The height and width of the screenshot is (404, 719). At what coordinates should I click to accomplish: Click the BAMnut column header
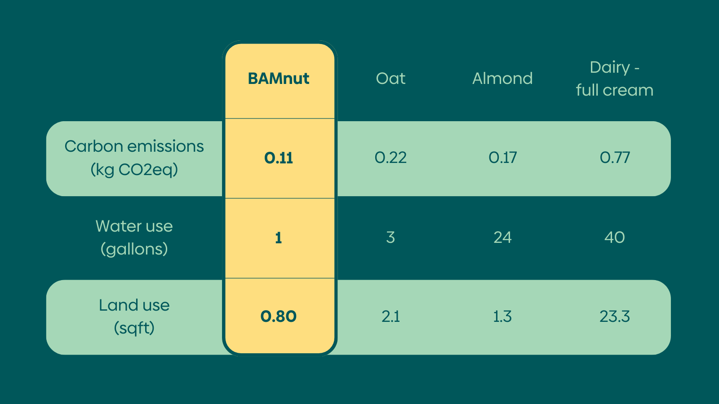(x=278, y=79)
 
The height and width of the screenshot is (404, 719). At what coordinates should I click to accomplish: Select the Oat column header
(x=391, y=79)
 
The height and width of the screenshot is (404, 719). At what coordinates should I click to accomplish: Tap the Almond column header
(x=502, y=79)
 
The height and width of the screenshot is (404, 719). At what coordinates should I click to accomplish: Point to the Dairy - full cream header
(x=614, y=79)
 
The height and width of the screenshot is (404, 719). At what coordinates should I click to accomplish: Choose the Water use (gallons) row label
(x=134, y=237)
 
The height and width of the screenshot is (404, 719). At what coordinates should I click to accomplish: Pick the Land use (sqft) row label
(x=134, y=317)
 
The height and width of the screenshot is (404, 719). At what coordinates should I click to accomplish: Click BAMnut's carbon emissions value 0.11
(x=278, y=158)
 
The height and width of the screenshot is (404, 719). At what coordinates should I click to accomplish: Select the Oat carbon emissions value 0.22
(x=391, y=158)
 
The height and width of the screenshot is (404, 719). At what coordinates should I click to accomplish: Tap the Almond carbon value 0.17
(x=502, y=158)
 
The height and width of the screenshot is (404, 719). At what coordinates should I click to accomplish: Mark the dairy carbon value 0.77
(x=614, y=158)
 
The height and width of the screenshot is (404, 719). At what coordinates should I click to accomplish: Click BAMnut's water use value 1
(x=278, y=237)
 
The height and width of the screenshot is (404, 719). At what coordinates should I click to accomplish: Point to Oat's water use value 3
(x=391, y=237)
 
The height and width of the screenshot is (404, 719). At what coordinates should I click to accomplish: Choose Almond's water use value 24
(x=502, y=237)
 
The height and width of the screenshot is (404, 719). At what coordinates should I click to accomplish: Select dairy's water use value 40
(x=614, y=237)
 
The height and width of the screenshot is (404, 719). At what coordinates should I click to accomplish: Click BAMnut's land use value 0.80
(x=278, y=316)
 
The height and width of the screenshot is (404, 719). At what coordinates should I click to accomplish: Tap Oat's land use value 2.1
(x=391, y=316)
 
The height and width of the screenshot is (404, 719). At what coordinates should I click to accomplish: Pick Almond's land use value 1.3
(x=502, y=316)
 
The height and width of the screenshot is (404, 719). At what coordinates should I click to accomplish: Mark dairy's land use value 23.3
(x=614, y=316)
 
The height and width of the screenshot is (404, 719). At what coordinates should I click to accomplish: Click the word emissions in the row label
(x=166, y=146)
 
